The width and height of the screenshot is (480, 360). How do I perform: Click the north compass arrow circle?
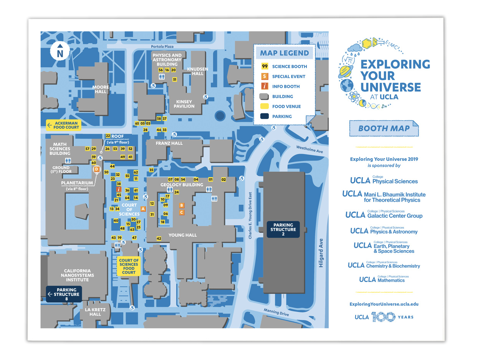60,51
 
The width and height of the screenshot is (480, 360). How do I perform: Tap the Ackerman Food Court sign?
63,125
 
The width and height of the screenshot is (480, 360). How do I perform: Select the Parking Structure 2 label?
283,229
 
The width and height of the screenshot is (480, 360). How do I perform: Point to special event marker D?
96,169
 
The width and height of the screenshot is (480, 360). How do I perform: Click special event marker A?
143,209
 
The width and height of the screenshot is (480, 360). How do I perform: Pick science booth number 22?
108,136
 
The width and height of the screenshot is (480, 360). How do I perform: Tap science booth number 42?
159,239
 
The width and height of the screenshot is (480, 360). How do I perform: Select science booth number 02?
223,179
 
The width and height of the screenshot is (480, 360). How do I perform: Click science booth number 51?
175,80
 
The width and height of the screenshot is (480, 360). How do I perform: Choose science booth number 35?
151,170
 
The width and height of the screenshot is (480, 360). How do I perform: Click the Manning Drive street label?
276,312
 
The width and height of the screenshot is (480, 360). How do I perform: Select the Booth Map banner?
384,128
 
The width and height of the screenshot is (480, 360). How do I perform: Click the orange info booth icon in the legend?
265,86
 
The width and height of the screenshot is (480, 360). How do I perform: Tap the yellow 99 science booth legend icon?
265,66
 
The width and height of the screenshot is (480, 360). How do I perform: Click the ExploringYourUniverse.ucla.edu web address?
384,304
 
